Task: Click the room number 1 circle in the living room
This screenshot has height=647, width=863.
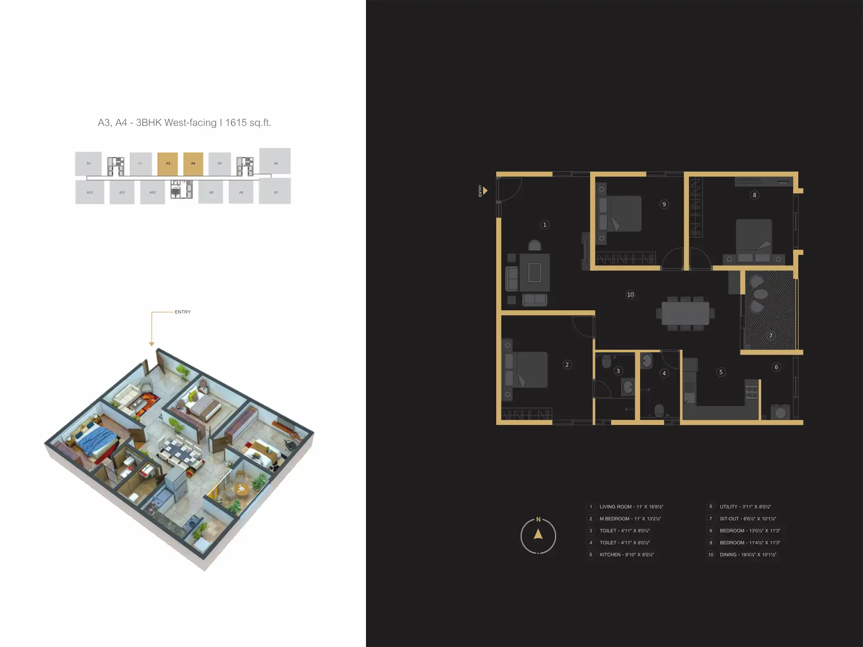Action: click(x=545, y=225)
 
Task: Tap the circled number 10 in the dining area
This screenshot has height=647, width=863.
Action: click(x=630, y=295)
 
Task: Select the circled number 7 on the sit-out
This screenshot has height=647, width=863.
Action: click(x=771, y=336)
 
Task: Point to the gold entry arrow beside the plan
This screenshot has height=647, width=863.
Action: click(x=485, y=191)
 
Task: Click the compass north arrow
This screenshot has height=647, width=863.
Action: click(x=538, y=534)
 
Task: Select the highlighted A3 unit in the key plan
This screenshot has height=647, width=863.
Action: click(x=168, y=164)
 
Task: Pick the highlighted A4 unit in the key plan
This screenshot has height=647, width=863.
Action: click(x=193, y=164)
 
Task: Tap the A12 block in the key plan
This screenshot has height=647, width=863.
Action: click(x=89, y=193)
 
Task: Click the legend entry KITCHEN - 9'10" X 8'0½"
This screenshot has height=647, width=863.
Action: click(x=626, y=555)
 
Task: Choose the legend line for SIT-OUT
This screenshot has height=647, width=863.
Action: click(x=748, y=519)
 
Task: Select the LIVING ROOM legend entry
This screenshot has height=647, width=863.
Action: click(x=631, y=507)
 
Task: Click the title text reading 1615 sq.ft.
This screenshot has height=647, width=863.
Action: click(x=248, y=123)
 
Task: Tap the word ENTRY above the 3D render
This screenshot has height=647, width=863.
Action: click(x=183, y=312)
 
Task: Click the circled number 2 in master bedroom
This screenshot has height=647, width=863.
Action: click(x=567, y=365)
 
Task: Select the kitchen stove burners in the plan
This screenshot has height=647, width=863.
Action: click(x=752, y=392)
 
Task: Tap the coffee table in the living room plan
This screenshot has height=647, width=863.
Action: click(x=535, y=273)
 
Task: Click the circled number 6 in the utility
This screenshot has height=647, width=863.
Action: click(x=776, y=367)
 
